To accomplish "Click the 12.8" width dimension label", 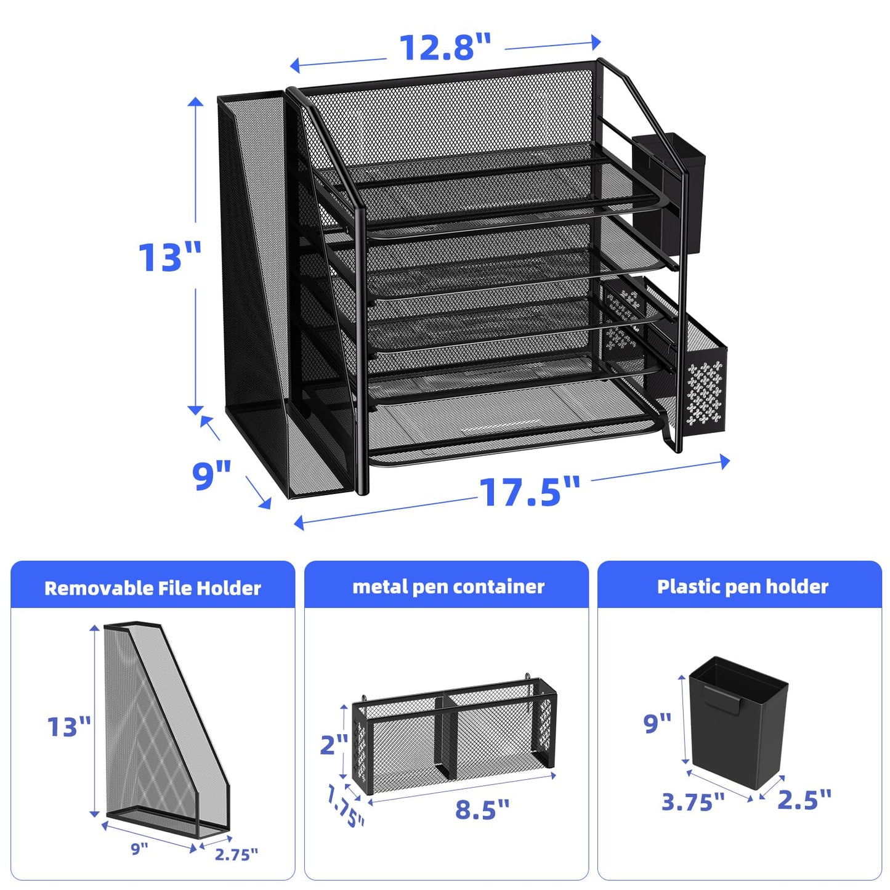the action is click(444, 47).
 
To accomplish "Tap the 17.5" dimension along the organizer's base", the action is click(529, 492).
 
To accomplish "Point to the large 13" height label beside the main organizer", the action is click(170, 257).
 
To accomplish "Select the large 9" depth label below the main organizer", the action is click(212, 475).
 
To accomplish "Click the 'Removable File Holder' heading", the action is click(153, 588).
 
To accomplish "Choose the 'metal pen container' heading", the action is click(448, 587).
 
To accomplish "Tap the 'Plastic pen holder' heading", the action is click(743, 587).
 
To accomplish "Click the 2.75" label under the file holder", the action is click(236, 854).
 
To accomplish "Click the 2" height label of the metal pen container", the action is click(333, 744).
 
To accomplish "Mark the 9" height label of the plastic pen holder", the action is click(658, 723).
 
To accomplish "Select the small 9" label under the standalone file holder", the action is click(139, 848).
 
